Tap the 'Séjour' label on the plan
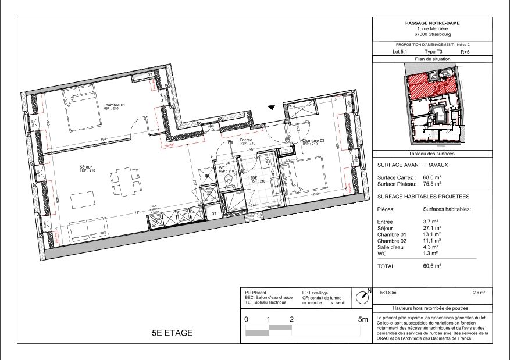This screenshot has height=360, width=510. pos(87,167)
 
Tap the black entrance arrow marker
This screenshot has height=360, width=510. pos(270,107)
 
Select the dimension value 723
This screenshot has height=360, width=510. pos(138,214)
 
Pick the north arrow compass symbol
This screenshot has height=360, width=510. pos(363,297)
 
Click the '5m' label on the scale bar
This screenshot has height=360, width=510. pos(363,319)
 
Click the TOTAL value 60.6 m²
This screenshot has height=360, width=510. pos(433,265)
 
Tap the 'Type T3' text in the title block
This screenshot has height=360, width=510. pos(433,52)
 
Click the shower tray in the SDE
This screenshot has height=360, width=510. pos(236,202)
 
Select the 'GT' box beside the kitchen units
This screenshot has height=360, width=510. pos(213,214)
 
